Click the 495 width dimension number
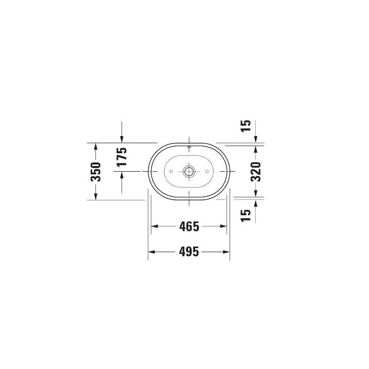pyautogui.click(x=189, y=252)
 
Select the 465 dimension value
pyautogui.click(x=189, y=226)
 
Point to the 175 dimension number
pyautogui.click(x=121, y=157)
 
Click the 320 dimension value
pyautogui.click(x=256, y=171)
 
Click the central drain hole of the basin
pyautogui.click(x=189, y=171)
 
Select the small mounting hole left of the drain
pyautogui.click(x=171, y=171)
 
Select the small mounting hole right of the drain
pyautogui.click(x=207, y=171)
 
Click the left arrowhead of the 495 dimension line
pyautogui.click(x=151, y=252)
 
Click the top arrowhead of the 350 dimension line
pyautogui.click(x=96, y=146)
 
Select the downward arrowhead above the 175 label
pyautogui.click(x=121, y=139)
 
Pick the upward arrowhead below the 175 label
pyautogui.click(x=121, y=175)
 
